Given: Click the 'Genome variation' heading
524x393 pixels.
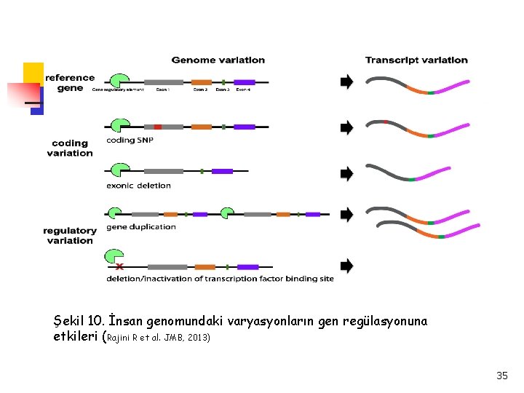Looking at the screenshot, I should tap(218, 60).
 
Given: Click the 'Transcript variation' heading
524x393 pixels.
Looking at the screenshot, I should tap(416, 60).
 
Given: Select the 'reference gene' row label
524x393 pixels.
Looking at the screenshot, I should tap(70, 83).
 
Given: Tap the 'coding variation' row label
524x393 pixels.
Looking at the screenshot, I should tap(70, 148).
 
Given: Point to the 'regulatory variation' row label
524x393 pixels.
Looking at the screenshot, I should tap(70, 236).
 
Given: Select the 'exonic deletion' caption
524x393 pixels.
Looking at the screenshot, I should tap(138, 186).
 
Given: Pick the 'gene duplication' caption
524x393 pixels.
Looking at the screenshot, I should tap(141, 227).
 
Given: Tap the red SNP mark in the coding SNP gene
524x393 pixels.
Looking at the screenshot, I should tap(157, 127).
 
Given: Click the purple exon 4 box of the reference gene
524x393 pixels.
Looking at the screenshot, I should tap(245, 82).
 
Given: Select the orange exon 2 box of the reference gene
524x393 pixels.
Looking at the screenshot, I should tap(202, 82).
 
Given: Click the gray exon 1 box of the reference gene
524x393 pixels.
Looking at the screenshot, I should tap(163, 82).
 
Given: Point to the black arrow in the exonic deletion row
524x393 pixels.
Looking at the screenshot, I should tap(346, 173).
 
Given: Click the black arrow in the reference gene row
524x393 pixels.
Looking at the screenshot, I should tap(346, 81).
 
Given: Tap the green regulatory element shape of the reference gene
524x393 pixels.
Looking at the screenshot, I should tap(118, 79).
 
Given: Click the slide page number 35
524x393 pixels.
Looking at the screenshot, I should tap(502, 376).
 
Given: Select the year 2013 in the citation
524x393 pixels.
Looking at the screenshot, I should tap(198, 338).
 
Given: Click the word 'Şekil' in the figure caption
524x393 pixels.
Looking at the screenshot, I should tap(70, 321).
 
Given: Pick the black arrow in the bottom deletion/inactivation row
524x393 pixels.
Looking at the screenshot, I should tap(346, 266).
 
